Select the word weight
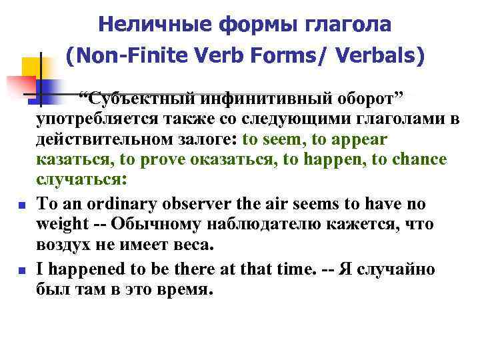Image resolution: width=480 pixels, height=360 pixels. (59, 223)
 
